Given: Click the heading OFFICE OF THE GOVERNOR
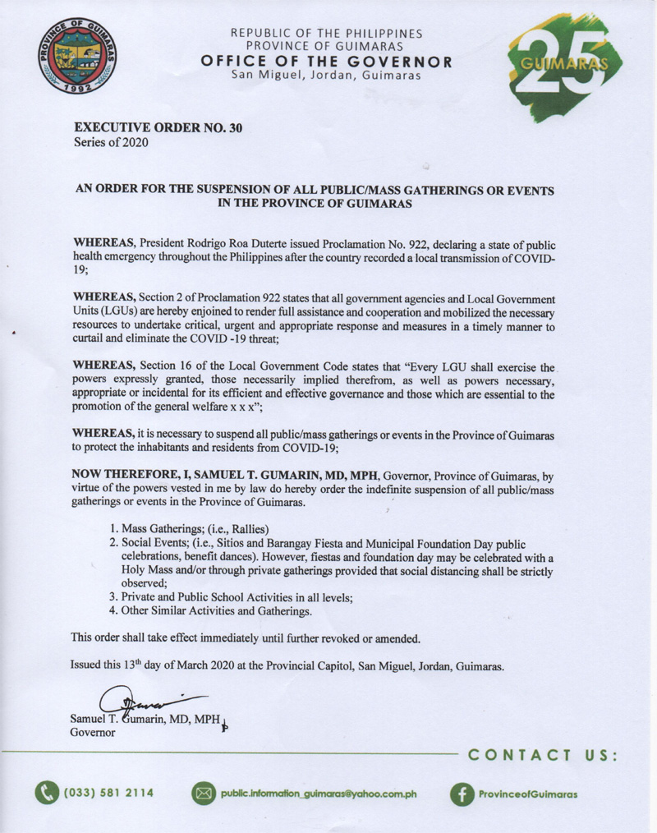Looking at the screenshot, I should [327, 62].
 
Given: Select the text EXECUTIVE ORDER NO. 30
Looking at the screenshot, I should [159, 128].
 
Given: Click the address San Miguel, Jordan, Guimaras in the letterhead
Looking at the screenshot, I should [327, 76].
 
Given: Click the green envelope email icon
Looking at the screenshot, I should [203, 794].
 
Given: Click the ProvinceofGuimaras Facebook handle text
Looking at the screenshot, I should [527, 794].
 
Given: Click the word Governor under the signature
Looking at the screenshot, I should [93, 733].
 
